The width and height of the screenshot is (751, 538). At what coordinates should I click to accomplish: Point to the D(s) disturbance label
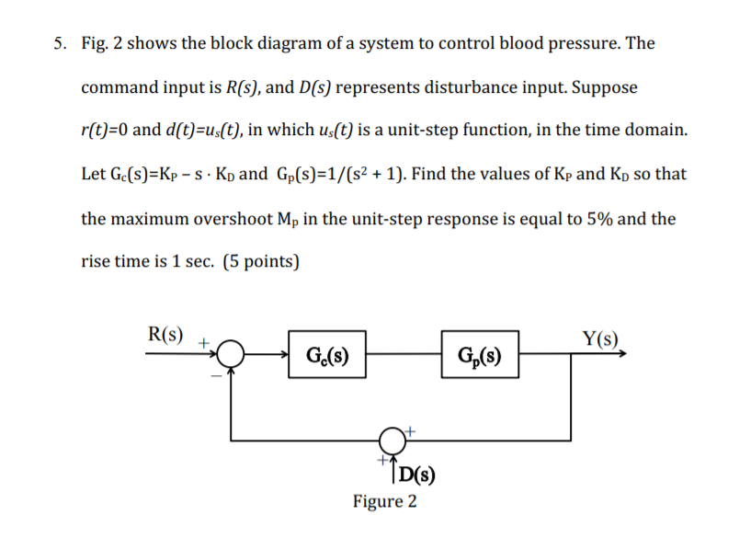pyautogui.click(x=417, y=475)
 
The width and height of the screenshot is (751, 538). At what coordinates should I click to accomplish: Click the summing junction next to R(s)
pyautogui.click(x=233, y=351)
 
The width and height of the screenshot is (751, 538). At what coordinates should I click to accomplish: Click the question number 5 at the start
pyautogui.click(x=60, y=43)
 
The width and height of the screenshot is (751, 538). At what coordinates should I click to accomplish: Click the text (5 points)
pyautogui.click(x=259, y=261)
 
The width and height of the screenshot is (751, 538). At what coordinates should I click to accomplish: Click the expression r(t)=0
pyautogui.click(x=105, y=130)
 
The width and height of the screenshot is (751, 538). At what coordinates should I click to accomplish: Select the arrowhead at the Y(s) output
pyautogui.click(x=629, y=351)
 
